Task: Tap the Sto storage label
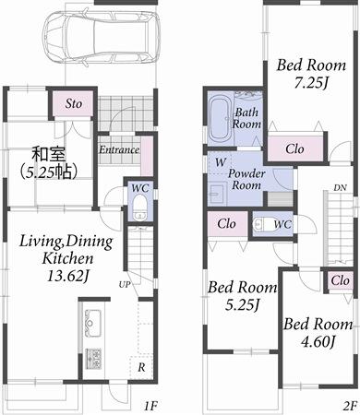[73, 104]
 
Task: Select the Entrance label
[119, 149]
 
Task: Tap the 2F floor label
[349, 404]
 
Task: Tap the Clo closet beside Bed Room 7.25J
[295, 148]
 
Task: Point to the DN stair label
[340, 187]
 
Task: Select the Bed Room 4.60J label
[318, 333]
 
